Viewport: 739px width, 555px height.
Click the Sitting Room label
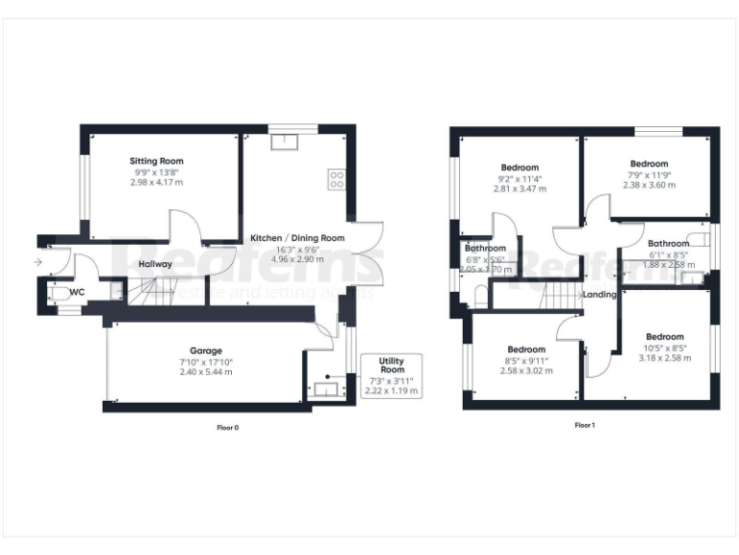157,161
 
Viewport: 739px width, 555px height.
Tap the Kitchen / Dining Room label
296,238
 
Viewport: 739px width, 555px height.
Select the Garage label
206,351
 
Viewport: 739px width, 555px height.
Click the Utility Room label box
392,366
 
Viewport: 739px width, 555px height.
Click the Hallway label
155,264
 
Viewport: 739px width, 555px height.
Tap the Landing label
599,295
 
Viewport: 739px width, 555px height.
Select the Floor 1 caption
584,426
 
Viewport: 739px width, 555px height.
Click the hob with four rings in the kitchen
338,178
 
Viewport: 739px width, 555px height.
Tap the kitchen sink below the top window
287,143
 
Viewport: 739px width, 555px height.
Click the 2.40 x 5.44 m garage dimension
206,372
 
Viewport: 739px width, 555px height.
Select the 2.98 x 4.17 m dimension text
157,182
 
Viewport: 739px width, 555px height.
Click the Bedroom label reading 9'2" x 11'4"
520,168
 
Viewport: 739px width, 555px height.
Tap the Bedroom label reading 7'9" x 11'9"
649,164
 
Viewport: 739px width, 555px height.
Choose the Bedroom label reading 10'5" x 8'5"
665,336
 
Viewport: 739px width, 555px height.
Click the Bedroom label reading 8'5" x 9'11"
526,349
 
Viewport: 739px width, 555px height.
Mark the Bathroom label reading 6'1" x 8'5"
668,244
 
